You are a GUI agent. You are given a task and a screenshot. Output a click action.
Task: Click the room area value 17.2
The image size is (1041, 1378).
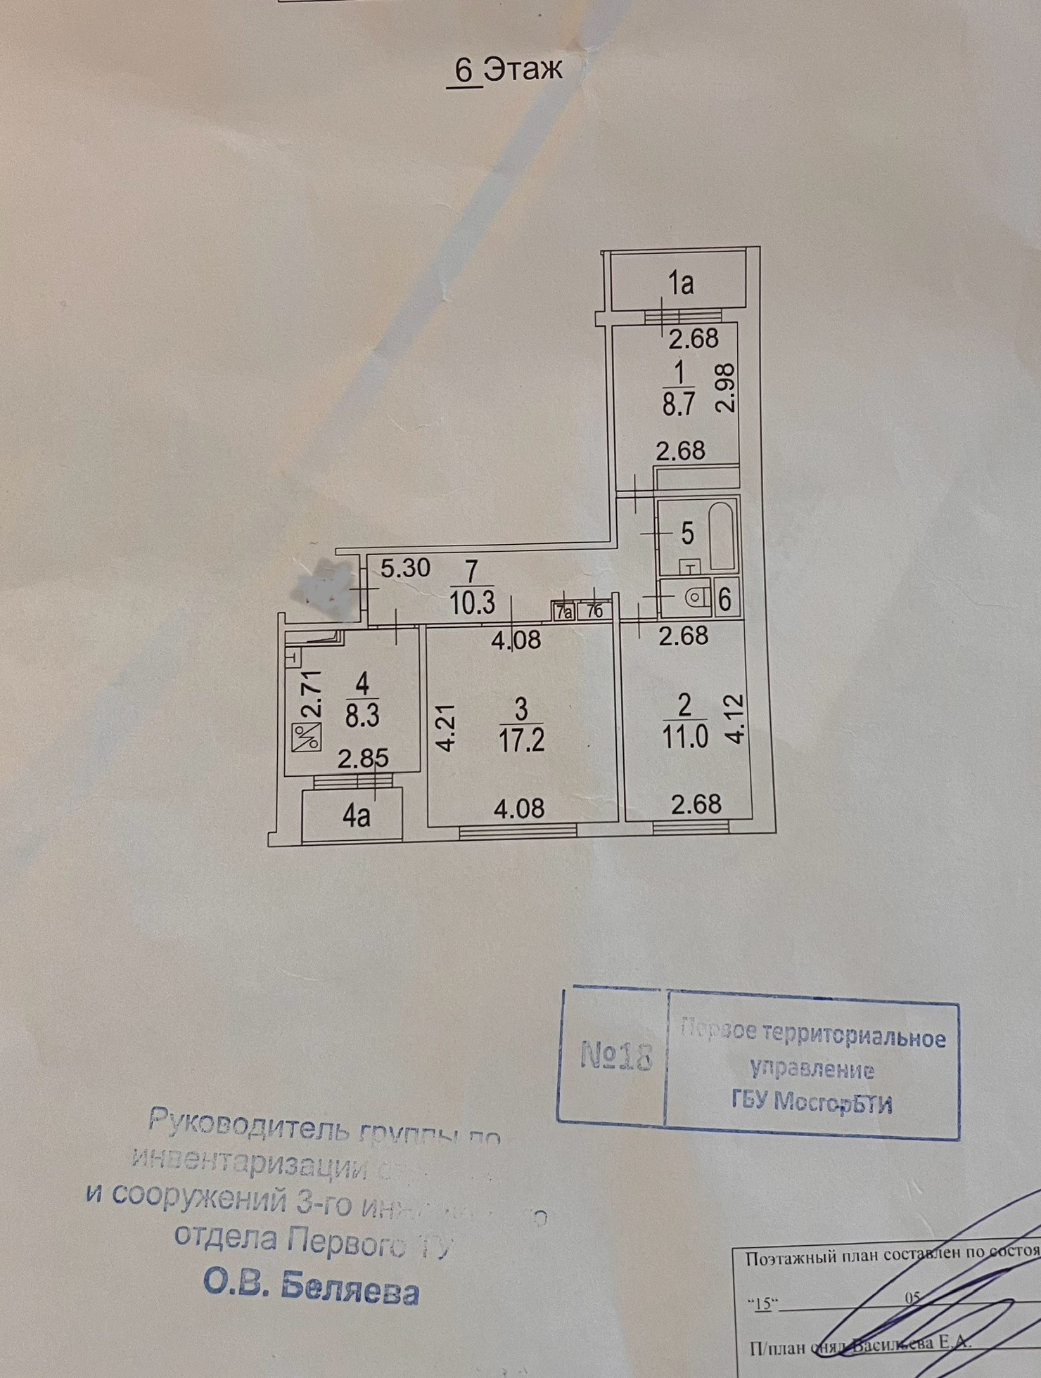pyautogui.click(x=521, y=740)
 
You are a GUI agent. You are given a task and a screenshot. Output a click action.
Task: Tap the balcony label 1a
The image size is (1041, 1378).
pyautogui.click(x=680, y=283)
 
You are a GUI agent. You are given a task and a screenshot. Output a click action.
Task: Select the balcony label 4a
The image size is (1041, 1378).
pyautogui.click(x=357, y=817)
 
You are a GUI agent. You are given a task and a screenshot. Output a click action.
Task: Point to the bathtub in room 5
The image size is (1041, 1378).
pyautogui.click(x=722, y=536)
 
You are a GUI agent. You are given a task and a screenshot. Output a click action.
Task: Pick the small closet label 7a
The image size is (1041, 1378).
pyautogui.click(x=563, y=612)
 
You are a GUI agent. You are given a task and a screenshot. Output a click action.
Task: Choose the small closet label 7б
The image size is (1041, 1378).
pyautogui.click(x=594, y=612)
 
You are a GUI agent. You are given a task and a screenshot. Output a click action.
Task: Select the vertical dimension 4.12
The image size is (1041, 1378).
pyautogui.click(x=735, y=719)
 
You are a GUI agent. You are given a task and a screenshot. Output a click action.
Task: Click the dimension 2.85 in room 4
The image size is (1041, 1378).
pyautogui.click(x=363, y=759)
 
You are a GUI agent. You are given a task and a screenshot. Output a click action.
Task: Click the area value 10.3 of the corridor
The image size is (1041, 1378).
pyautogui.click(x=473, y=603)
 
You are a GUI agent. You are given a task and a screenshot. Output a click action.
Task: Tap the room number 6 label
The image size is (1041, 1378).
pyautogui.click(x=725, y=600)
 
